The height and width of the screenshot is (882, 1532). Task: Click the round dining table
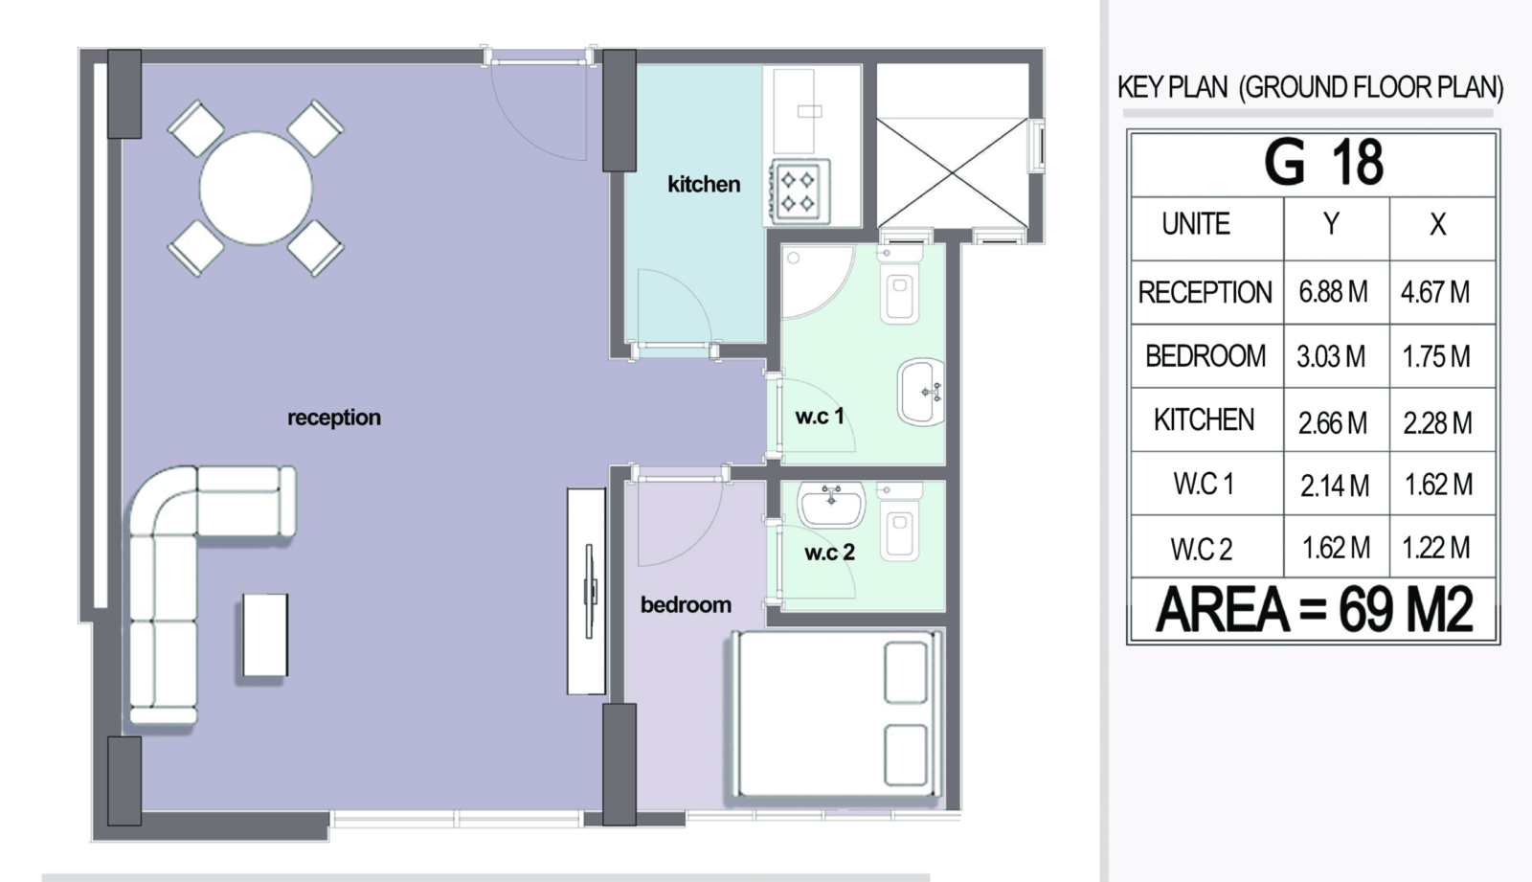pos(256,188)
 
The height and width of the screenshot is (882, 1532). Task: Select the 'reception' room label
pos(334,418)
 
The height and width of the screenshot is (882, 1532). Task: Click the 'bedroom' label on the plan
pos(686,605)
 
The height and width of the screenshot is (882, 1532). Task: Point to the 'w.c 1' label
pos(820,416)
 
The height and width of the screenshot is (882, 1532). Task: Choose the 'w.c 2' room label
pos(829,553)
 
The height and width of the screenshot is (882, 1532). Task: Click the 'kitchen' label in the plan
pos(704,184)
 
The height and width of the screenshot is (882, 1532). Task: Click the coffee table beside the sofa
pos(265,635)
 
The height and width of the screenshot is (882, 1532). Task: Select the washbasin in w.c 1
pos(921,392)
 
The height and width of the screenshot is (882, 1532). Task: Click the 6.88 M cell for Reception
pos(1333,292)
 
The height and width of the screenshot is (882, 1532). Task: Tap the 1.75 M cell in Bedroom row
pos(1436,356)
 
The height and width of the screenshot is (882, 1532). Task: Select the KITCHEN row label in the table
pos(1204,420)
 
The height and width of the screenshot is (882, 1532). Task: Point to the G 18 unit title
pos(1323,163)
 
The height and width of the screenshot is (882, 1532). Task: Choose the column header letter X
pos(1437,224)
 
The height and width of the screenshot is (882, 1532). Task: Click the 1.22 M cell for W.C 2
pos(1436,548)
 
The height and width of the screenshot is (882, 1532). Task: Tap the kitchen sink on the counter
pos(795,111)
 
